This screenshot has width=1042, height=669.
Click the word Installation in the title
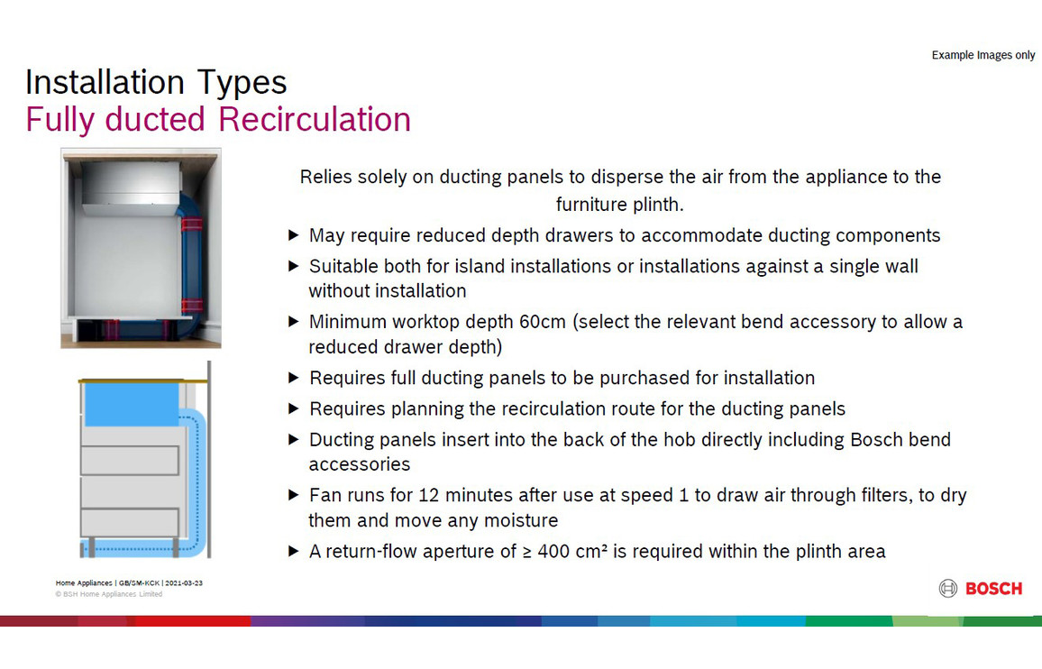[105, 82]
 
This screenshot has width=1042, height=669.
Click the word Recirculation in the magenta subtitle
[315, 120]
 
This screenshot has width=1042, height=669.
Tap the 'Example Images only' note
[983, 55]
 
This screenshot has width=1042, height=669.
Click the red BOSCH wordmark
[993, 589]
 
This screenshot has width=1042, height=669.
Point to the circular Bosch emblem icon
[947, 589]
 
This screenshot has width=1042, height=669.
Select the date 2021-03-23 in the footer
[184, 582]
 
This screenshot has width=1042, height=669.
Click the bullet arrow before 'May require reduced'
[293, 234]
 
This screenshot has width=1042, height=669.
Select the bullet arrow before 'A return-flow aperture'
[293, 551]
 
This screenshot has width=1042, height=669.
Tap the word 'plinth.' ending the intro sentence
[658, 204]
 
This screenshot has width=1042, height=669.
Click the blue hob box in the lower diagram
[132, 404]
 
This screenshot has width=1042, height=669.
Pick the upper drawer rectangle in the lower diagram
[130, 460]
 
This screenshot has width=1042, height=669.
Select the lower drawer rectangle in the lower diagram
[130, 523]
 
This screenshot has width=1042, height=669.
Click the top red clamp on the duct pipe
[191, 224]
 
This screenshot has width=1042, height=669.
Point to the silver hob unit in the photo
[131, 188]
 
